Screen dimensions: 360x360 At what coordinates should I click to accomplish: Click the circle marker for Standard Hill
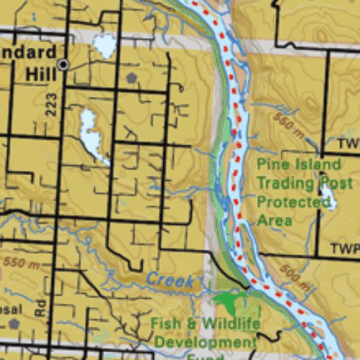63,65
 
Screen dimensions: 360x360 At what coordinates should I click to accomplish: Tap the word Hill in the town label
40,73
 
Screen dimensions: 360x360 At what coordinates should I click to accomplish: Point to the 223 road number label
50,105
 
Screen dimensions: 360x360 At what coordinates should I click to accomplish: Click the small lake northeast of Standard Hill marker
105,46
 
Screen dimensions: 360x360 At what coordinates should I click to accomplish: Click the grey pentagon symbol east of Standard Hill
131,77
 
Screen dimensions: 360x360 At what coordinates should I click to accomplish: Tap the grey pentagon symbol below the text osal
13,324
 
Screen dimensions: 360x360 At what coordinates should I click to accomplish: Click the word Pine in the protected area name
271,165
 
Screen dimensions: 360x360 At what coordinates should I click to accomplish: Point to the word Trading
284,183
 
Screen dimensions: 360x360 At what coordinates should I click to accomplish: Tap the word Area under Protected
274,220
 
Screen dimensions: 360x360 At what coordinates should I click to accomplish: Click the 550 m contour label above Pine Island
290,125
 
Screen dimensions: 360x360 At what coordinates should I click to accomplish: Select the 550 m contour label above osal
21,264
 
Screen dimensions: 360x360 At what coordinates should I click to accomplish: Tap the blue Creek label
170,281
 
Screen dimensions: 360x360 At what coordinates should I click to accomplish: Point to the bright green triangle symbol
227,303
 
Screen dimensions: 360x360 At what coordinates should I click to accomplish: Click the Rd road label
39,307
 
